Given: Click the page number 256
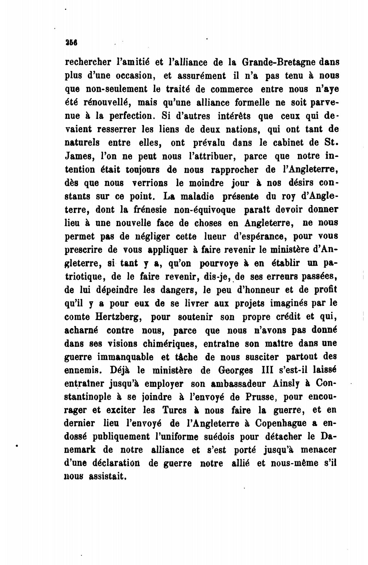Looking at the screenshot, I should (x=70, y=42).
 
